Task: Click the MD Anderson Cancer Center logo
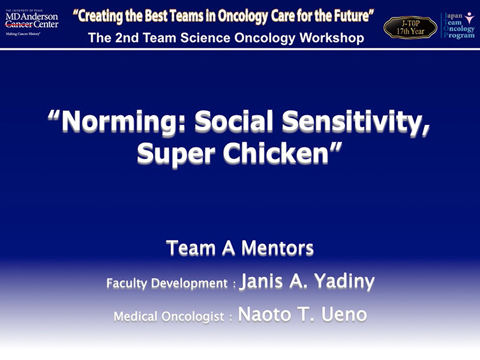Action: [x=32, y=22]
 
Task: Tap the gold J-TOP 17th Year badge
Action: [x=410, y=28]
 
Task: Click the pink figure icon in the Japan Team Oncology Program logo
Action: [x=469, y=18]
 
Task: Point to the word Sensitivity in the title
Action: [x=356, y=122]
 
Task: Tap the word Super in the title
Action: [x=176, y=154]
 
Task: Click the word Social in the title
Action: [x=233, y=121]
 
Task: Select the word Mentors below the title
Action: [x=277, y=248]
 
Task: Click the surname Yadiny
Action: [x=344, y=281]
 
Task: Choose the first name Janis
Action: [x=262, y=280]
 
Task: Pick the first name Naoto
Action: [x=264, y=314]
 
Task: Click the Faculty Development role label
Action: [x=167, y=283]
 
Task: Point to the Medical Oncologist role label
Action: [x=169, y=316]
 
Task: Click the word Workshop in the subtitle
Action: [x=332, y=38]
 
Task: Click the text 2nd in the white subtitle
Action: [x=127, y=38]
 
